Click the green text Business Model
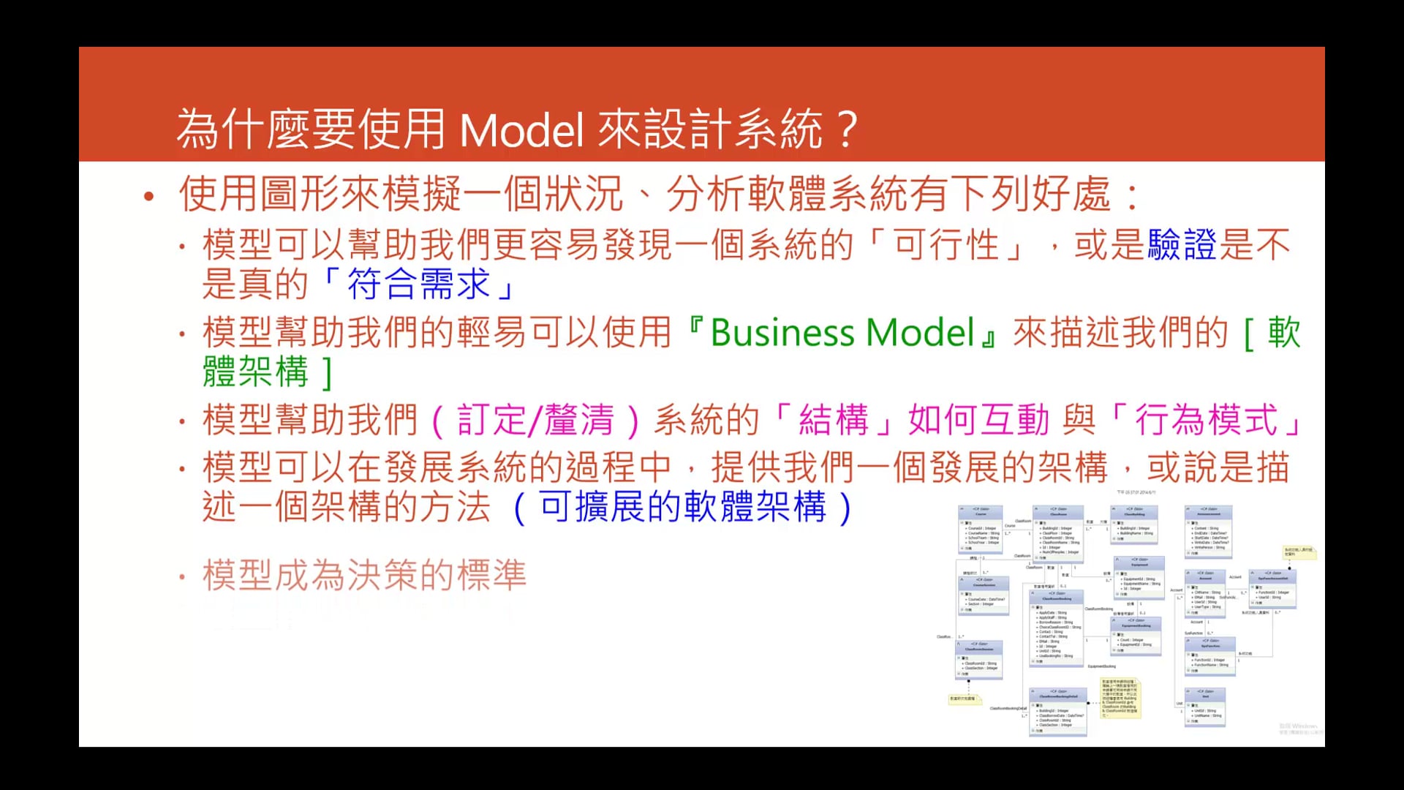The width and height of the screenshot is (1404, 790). [x=842, y=333]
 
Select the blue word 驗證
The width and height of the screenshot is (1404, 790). [x=1182, y=245]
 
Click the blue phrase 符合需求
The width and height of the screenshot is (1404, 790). [x=418, y=285]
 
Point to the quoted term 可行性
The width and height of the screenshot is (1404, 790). [x=946, y=245]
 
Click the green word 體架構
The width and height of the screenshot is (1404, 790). [x=256, y=372]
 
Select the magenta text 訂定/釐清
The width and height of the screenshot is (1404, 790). [x=536, y=421]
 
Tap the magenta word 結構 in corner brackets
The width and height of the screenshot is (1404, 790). [x=834, y=421]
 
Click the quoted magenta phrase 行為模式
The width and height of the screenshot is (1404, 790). [x=1206, y=421]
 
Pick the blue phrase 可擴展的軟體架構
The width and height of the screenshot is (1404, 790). [x=683, y=507]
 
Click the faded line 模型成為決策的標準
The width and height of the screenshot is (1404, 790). [x=364, y=575]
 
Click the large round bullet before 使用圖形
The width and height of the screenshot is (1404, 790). [x=149, y=196]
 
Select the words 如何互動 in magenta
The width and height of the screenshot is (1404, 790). [x=979, y=421]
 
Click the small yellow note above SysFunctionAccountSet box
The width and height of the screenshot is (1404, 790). [x=1299, y=552]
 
